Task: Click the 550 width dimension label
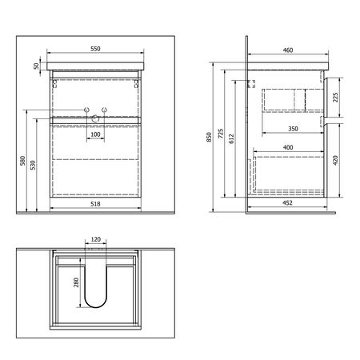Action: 95,49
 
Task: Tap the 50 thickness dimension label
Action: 36,66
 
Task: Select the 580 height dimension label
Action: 22,161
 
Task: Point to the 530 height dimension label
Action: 33,165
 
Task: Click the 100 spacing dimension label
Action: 95,134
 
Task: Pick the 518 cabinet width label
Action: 95,204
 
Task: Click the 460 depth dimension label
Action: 288,50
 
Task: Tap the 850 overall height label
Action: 210,137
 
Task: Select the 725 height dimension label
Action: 221,134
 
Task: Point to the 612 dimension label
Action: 231,138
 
